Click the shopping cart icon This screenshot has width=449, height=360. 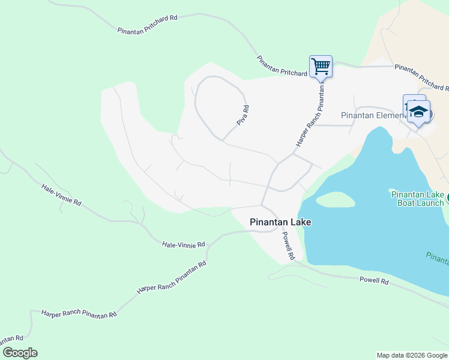tap(321, 66)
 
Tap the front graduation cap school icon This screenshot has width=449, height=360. tap(418, 112)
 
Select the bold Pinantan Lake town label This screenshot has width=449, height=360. tap(280, 222)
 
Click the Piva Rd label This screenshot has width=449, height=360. tap(243, 115)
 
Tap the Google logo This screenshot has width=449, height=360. tap(20, 353)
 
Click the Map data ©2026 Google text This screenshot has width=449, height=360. tap(412, 355)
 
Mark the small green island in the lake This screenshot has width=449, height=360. tap(335, 200)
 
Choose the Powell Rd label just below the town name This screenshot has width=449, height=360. tap(289, 245)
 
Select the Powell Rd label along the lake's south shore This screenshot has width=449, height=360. tap(374, 281)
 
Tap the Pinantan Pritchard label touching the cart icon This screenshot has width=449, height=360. tap(282, 66)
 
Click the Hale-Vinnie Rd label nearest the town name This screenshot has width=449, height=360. tap(184, 244)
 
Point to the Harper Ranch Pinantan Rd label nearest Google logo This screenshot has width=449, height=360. tap(78, 314)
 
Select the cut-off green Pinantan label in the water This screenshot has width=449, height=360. tap(438, 258)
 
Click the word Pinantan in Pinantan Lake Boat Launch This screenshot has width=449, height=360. tap(408, 194)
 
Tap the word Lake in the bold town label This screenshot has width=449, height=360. tap(301, 222)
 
